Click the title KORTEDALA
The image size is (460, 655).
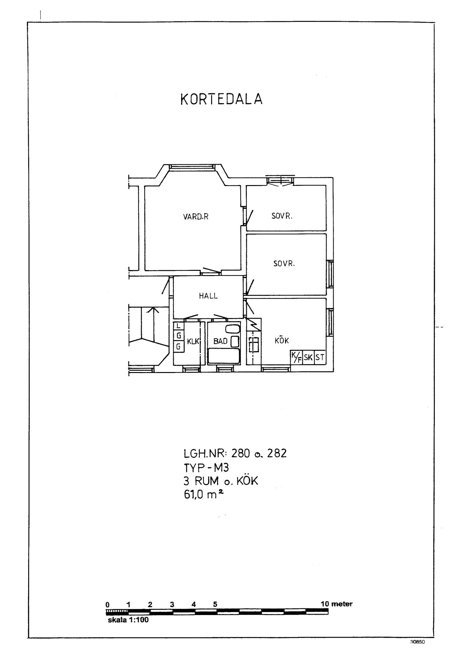(221, 99)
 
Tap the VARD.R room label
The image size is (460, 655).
(196, 216)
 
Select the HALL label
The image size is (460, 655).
(208, 296)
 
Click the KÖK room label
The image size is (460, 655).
(282, 340)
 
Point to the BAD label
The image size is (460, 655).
(220, 341)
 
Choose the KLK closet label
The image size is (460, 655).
(193, 341)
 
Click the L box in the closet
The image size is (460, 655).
(178, 326)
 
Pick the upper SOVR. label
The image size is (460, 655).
(282, 216)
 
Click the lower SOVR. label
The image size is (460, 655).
(284, 264)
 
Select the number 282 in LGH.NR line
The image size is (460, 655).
(277, 453)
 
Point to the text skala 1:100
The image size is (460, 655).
(128, 620)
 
